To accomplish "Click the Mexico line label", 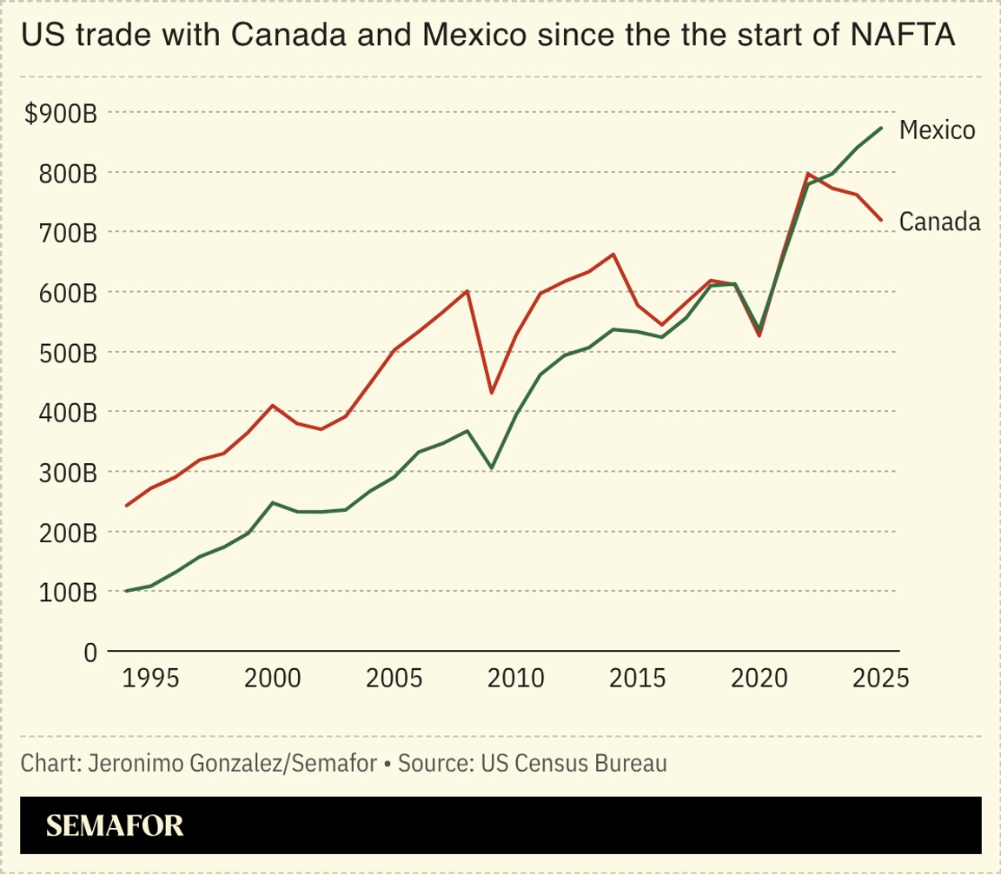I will click(937, 130).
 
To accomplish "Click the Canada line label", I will click(939, 222).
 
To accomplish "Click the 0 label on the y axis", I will click(89, 653).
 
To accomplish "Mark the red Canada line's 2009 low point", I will click(491, 394).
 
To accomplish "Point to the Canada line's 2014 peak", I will click(613, 255).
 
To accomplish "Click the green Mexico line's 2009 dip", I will click(491, 468).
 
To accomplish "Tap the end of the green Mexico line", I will click(882, 128).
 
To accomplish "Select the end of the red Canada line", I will click(882, 220).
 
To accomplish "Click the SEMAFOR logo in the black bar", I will click(115, 825).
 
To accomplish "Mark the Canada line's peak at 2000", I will click(272, 405).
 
